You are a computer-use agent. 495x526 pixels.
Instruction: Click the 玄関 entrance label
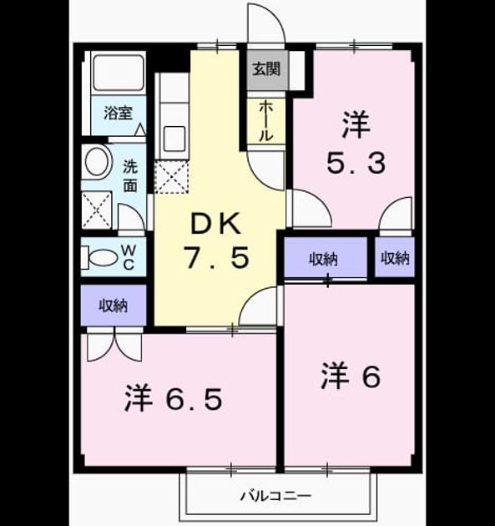pos(266,69)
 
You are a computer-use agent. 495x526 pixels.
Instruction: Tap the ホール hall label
pos(265,121)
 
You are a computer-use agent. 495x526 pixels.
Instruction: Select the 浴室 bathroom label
pos(118,113)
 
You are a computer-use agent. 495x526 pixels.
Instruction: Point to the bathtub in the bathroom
pos(119,73)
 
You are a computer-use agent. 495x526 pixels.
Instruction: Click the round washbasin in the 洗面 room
pos(98,161)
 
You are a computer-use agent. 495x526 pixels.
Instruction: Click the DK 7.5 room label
pos(217,240)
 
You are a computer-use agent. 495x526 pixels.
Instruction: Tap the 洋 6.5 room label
pos(174,399)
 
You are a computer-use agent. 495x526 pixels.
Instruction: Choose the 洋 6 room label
pos(351,377)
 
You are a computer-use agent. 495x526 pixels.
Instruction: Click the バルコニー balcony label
pos(276,495)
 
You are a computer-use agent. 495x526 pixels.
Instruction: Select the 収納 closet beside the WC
pos(114,305)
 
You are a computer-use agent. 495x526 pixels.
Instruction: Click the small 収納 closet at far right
pos(395,257)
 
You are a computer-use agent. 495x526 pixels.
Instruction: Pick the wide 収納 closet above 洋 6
pos(326,257)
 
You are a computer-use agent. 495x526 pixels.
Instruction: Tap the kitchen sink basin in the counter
pos(174,139)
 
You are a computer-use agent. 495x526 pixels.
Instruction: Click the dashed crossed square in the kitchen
pos(171,177)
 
